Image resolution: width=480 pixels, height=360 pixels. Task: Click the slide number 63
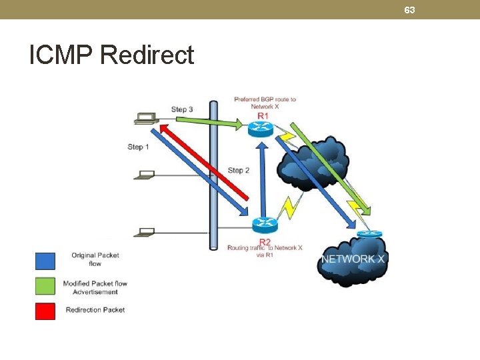[409, 10]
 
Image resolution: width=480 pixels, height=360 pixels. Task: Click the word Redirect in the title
[147, 55]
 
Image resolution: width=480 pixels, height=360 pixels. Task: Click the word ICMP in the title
[61, 55]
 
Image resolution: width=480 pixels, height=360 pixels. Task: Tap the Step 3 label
[182, 109]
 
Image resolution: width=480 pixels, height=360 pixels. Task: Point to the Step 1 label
[139, 147]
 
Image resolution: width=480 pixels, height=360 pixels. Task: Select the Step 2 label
[239, 171]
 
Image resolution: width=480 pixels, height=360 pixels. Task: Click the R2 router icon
[263, 225]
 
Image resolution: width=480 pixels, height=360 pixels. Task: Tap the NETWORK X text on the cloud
[353, 259]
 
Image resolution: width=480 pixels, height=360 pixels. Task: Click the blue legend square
[45, 260]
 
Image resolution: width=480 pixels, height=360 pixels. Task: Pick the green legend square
[45, 285]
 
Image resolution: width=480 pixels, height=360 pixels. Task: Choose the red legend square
[45, 310]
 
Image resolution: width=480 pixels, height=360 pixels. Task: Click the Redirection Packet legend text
[95, 309]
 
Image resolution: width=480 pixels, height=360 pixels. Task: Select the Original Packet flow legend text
[95, 259]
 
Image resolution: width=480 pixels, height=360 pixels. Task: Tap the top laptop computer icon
[145, 119]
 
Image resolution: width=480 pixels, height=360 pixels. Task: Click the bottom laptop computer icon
[144, 233]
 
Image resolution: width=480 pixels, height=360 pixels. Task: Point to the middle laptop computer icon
[144, 175]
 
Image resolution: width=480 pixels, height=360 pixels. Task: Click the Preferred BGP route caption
[265, 103]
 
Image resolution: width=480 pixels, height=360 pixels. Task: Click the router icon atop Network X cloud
[369, 233]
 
